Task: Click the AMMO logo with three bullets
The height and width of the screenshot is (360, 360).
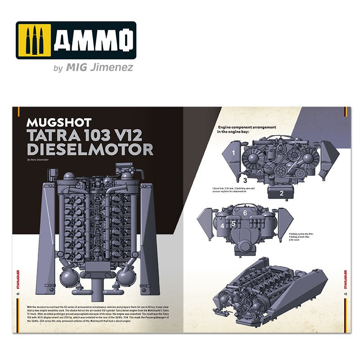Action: (x=76, y=40)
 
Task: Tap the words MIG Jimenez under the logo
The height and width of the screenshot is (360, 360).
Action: (x=99, y=68)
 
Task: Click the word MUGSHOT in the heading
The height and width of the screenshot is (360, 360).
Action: (x=59, y=122)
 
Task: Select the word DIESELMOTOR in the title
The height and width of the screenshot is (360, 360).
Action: (x=90, y=149)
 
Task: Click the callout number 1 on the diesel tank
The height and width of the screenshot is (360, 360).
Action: (x=234, y=153)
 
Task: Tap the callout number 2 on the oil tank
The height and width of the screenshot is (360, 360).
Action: (x=281, y=194)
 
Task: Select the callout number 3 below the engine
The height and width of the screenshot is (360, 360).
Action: (x=233, y=180)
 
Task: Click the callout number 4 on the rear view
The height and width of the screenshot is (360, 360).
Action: (x=222, y=225)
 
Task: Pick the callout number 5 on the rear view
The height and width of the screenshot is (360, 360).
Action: (x=234, y=223)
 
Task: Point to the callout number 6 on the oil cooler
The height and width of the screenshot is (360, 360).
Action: (x=245, y=213)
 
